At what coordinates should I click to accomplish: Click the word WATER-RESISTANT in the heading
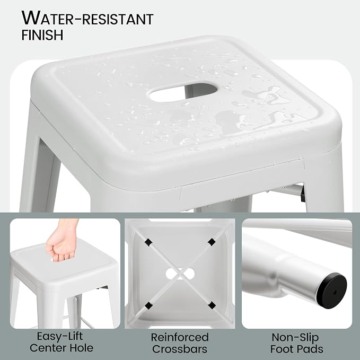click(87, 17)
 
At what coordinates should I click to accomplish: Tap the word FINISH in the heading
click(42, 35)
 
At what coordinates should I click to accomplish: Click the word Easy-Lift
click(60, 336)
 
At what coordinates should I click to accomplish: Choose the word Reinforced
click(180, 337)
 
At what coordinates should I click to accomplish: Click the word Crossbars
click(180, 349)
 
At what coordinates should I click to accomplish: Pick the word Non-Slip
click(295, 337)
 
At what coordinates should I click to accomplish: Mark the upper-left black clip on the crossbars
click(148, 242)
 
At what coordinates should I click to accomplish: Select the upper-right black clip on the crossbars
click(212, 241)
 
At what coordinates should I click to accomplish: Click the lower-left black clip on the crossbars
click(149, 305)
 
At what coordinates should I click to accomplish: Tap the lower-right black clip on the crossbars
click(212, 305)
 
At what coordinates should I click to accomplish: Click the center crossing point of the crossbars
click(180, 274)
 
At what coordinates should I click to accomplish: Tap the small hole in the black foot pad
click(334, 293)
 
